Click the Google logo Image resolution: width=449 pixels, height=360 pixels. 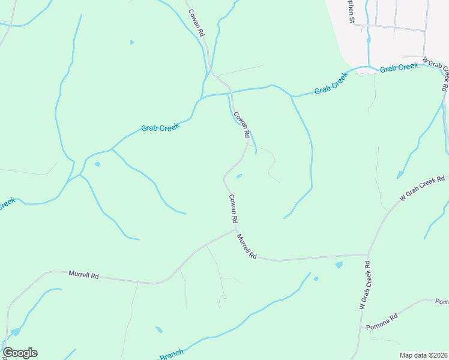(20, 353)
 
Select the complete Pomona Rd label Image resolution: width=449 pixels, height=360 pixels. (382, 324)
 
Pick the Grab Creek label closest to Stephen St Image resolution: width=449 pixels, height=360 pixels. (399, 68)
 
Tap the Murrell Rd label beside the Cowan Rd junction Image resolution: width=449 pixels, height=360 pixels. (247, 246)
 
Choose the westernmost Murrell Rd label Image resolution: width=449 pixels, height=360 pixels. (83, 275)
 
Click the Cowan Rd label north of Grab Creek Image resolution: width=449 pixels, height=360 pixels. (196, 23)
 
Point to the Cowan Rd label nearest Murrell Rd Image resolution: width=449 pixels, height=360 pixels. (234, 208)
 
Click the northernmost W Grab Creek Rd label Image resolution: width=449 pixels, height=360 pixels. (436, 74)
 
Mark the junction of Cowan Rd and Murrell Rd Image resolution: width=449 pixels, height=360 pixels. (235, 228)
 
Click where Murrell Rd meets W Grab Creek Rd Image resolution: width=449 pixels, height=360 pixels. (367, 256)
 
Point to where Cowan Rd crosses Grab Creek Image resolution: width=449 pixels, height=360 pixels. (230, 92)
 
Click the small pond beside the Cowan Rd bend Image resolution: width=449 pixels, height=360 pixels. (240, 176)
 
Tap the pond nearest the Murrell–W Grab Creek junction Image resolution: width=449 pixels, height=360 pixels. (339, 264)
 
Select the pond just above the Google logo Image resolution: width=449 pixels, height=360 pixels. (15, 331)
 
